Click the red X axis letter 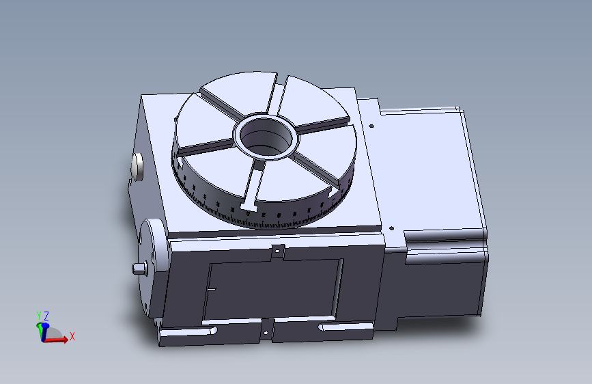[72, 336]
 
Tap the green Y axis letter [38, 315]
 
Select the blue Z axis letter [46, 316]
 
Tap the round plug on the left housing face [137, 166]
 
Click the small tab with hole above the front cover [277, 251]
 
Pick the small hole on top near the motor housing [371, 126]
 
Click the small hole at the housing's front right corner [391, 230]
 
